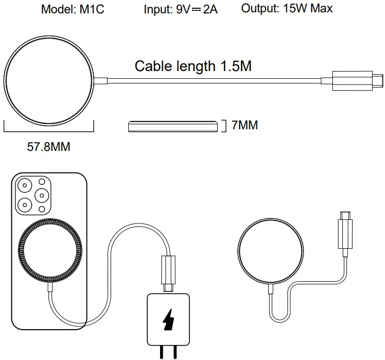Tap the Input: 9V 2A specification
point(181,9)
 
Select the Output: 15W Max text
point(287,9)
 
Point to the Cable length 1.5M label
point(193,66)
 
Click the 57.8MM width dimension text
point(48,147)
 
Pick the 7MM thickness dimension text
point(244,125)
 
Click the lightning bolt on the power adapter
point(168,320)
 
